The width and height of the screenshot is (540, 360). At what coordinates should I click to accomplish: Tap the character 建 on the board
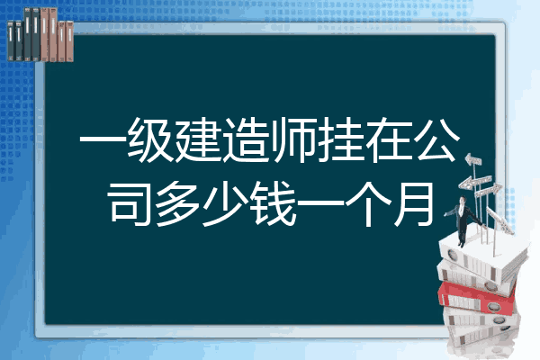coord(198,139)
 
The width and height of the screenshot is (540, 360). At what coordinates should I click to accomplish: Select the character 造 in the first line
coord(246,139)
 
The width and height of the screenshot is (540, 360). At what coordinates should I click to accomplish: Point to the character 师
coord(293,139)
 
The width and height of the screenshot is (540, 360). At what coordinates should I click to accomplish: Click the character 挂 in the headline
coord(341,139)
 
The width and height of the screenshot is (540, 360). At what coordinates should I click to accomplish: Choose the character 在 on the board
coord(389,139)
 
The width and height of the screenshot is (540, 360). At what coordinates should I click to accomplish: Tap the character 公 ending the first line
coord(436,139)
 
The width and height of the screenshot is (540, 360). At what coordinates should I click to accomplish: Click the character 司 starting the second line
coord(130,204)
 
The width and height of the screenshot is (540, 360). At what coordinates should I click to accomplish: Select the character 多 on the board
coord(177,204)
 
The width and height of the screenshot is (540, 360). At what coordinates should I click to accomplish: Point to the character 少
coord(225,204)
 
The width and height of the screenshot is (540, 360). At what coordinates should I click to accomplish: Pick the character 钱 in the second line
coord(273,204)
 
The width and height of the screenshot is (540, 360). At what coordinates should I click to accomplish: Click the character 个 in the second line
coord(368,204)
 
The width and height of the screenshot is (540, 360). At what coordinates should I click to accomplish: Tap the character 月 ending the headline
coord(415,204)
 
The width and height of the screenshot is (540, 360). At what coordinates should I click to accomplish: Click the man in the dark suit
coord(463,220)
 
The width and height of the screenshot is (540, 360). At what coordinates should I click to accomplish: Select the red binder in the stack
coord(477,298)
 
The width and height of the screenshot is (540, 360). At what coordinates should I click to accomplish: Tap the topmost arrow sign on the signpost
coord(472,160)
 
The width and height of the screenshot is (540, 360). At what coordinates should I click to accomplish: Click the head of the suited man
coord(463,200)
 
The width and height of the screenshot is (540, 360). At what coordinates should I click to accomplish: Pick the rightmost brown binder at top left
coord(70,41)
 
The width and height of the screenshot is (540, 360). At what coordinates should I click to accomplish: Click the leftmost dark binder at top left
coord(11,40)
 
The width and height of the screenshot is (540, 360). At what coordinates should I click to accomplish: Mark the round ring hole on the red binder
coord(493,306)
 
